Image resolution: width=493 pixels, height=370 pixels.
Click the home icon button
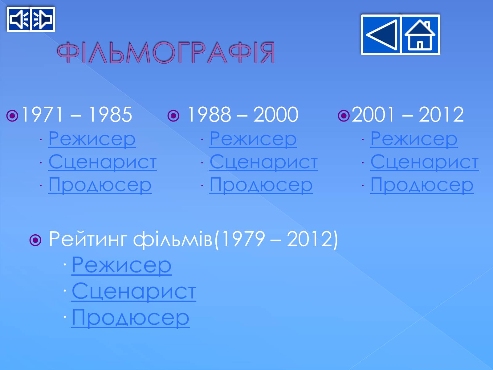click(420, 35)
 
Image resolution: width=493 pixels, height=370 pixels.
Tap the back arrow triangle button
click(381, 35)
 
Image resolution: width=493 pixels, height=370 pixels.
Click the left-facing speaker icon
click(19, 19)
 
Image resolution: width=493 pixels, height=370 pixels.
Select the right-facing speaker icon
click(43, 19)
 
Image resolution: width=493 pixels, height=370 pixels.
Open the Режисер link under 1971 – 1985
click(92, 139)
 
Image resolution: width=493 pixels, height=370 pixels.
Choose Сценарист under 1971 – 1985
click(102, 162)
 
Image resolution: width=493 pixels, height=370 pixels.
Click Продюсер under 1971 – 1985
click(100, 185)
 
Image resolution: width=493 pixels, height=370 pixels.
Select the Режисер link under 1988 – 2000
click(253, 139)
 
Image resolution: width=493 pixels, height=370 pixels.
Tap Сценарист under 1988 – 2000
click(263, 162)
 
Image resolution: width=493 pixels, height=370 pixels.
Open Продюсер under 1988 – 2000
click(261, 185)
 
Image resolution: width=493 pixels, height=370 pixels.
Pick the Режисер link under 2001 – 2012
click(414, 139)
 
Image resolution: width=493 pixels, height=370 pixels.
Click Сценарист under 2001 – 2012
click(424, 162)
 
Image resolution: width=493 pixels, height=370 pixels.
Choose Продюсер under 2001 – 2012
click(422, 185)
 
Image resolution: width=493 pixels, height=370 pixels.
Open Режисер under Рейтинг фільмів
click(121, 265)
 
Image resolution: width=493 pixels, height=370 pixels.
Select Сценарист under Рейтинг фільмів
click(134, 292)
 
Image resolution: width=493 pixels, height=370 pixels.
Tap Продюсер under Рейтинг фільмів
click(131, 318)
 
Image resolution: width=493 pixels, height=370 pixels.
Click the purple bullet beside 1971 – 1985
click(12, 116)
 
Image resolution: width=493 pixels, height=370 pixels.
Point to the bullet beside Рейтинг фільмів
click(35, 240)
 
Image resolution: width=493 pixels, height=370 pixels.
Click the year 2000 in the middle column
click(275, 115)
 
